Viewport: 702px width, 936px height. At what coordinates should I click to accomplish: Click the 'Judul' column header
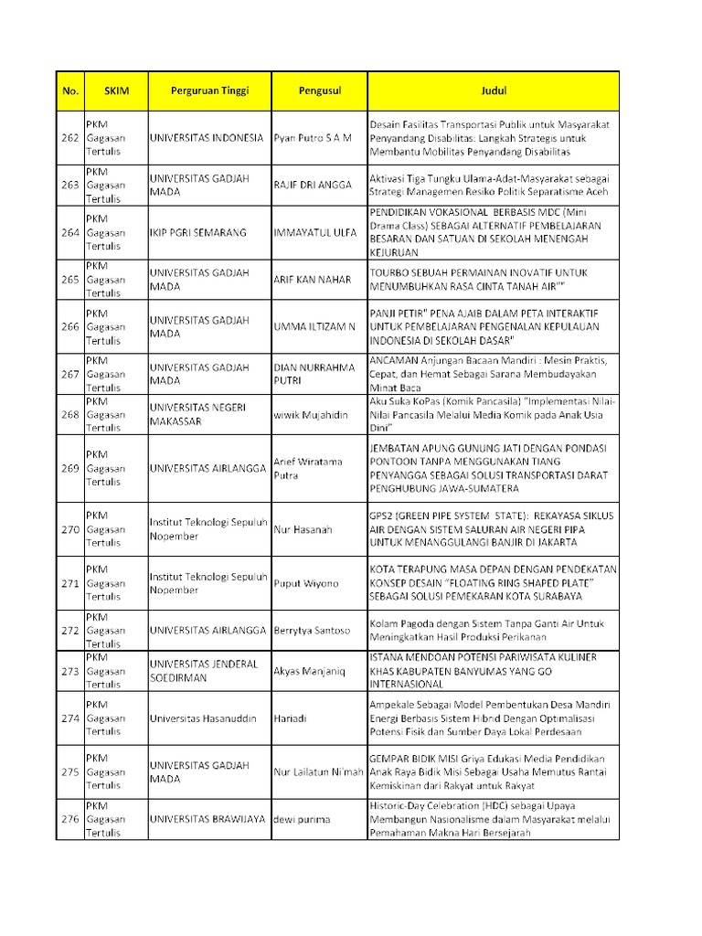click(494, 91)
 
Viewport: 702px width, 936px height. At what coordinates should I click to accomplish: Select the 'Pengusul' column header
click(319, 91)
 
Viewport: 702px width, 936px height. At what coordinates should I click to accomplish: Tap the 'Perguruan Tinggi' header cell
click(209, 91)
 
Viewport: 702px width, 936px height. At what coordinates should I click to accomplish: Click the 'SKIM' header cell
click(116, 91)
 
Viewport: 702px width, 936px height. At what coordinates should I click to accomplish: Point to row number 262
click(69, 137)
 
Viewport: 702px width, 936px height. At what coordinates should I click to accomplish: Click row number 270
click(69, 529)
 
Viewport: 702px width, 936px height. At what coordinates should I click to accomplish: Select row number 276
click(69, 819)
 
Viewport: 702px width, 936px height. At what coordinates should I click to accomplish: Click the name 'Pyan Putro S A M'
click(312, 137)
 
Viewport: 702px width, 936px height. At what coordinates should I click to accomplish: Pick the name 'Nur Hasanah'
click(303, 529)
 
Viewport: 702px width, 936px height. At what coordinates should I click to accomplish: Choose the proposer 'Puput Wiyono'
click(305, 583)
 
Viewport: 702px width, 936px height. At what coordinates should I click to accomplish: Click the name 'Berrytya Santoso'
click(311, 630)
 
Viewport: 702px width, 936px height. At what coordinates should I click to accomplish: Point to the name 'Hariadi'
click(290, 718)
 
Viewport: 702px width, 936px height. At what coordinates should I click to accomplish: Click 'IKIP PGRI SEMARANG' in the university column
click(197, 233)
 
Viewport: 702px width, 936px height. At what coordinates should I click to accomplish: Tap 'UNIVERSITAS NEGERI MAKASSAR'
click(195, 414)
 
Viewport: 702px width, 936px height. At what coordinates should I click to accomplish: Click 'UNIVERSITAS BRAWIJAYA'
click(207, 819)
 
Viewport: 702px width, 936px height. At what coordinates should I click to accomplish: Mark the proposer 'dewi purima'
click(302, 819)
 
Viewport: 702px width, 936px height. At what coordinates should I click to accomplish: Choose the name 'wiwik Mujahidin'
click(311, 415)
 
